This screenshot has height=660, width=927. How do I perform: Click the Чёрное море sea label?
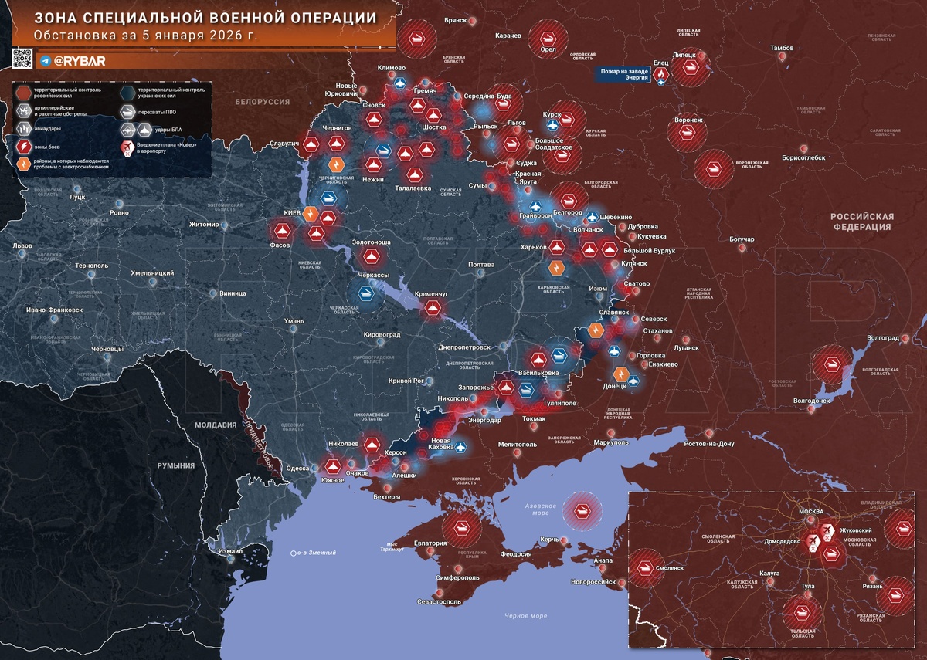[526, 615]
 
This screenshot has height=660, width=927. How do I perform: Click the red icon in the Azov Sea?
[580, 509]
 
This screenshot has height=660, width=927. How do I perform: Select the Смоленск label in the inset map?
[669, 567]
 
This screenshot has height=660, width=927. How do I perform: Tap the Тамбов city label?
[781, 48]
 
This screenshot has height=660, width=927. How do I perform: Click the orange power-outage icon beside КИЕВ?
[310, 214]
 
